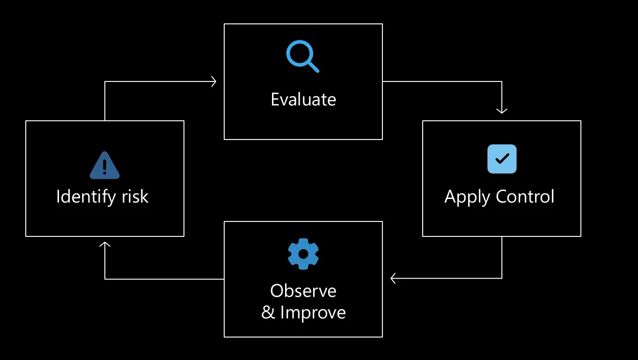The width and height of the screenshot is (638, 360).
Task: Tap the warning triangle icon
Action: point(104,165)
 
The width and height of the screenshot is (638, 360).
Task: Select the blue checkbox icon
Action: point(502,159)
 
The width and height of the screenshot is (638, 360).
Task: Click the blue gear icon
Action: point(303,254)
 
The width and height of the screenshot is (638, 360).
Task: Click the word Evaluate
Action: point(303,99)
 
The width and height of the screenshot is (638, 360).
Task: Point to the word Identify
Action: point(85,197)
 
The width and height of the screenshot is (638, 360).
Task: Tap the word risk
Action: point(135,196)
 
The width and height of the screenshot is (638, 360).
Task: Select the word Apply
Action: point(467,197)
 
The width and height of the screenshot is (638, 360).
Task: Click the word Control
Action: point(525,196)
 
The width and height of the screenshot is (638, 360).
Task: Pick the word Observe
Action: point(303,291)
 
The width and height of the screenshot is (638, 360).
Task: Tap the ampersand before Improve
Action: point(268,312)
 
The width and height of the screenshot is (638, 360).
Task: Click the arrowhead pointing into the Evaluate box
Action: point(213,81)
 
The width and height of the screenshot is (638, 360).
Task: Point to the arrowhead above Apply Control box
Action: point(502,111)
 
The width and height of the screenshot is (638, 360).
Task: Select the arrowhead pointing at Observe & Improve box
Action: point(393,278)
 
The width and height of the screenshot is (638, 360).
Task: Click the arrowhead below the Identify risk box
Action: point(105,244)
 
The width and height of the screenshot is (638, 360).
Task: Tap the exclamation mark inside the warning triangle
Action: point(104,167)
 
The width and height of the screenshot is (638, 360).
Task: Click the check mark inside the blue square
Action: point(502,159)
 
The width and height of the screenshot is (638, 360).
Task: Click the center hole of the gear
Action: point(303,254)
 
